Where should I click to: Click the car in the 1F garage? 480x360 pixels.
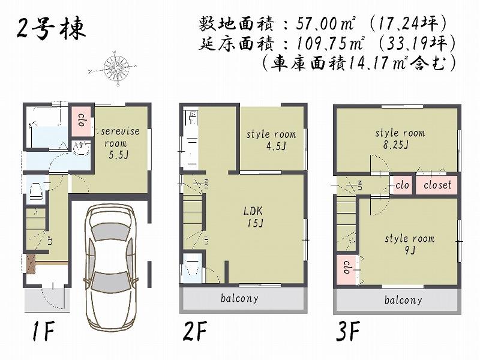(109, 267)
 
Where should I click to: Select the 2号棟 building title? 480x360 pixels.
(51, 27)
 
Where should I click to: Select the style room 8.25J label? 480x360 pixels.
(400, 138)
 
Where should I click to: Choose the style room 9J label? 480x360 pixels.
(409, 244)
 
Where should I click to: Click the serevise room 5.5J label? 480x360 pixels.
(120, 143)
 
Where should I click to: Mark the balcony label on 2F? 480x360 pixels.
(239, 298)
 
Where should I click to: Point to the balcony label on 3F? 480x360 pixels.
(403, 300)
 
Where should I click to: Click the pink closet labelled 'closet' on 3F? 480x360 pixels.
(437, 185)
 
